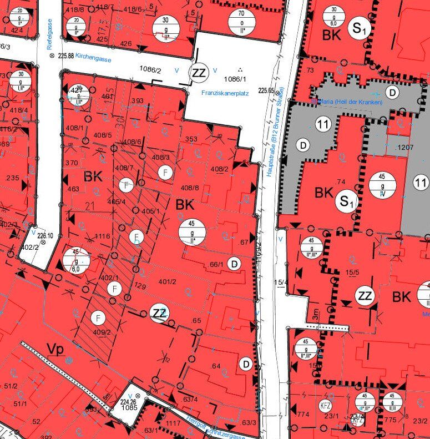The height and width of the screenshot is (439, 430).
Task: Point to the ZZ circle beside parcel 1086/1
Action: [198, 72]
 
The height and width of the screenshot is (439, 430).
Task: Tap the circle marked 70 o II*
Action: [241, 21]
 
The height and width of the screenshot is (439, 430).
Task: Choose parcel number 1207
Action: [406, 148]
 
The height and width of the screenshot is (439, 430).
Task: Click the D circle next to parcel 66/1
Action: [235, 264]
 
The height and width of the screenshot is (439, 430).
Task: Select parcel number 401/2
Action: [167, 282]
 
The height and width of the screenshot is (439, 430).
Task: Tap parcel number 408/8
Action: [190, 188]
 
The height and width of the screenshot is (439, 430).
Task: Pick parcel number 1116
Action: [103, 236]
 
